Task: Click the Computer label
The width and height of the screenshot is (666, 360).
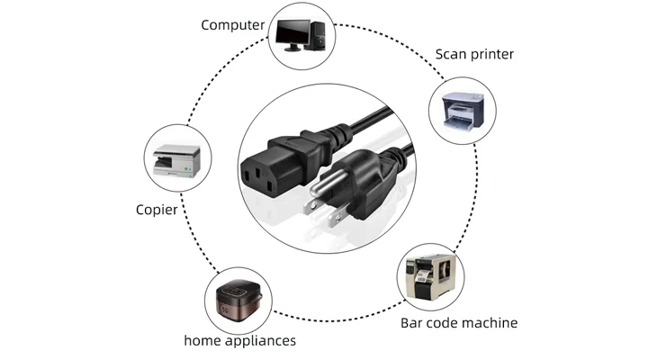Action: [x=232, y=24]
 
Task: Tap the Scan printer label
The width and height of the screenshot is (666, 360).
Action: [x=474, y=54]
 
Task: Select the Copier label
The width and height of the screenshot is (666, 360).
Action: [x=156, y=210]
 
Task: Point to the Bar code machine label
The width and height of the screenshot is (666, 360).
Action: [x=459, y=322]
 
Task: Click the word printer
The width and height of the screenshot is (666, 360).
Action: [x=490, y=54]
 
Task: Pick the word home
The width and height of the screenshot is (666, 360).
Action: [x=201, y=341]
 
